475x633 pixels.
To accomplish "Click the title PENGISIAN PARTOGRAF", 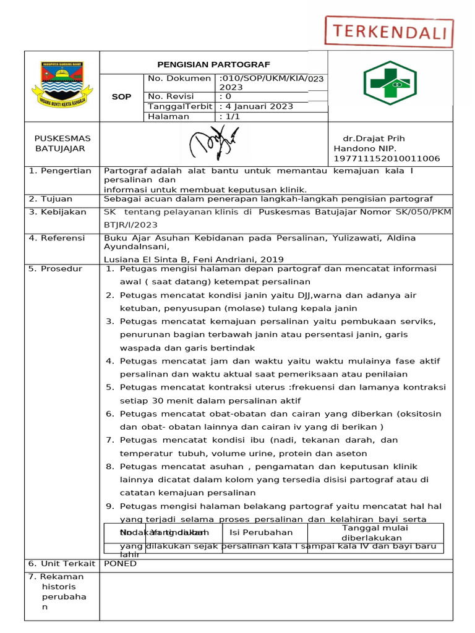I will click(213, 64).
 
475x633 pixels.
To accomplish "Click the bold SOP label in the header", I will click(121, 97).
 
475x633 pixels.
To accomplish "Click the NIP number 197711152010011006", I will click(387, 159).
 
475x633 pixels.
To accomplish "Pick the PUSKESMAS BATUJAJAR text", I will click(62, 143).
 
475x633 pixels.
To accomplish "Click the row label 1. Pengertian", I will click(60, 171).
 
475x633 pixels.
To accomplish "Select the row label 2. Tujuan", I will click(51, 198).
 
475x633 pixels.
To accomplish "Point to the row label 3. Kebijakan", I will click(58, 212).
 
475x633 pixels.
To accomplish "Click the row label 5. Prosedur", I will click(56, 269).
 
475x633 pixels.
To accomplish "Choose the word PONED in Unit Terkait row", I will click(121, 563).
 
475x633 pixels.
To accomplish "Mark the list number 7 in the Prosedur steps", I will click(109, 440).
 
